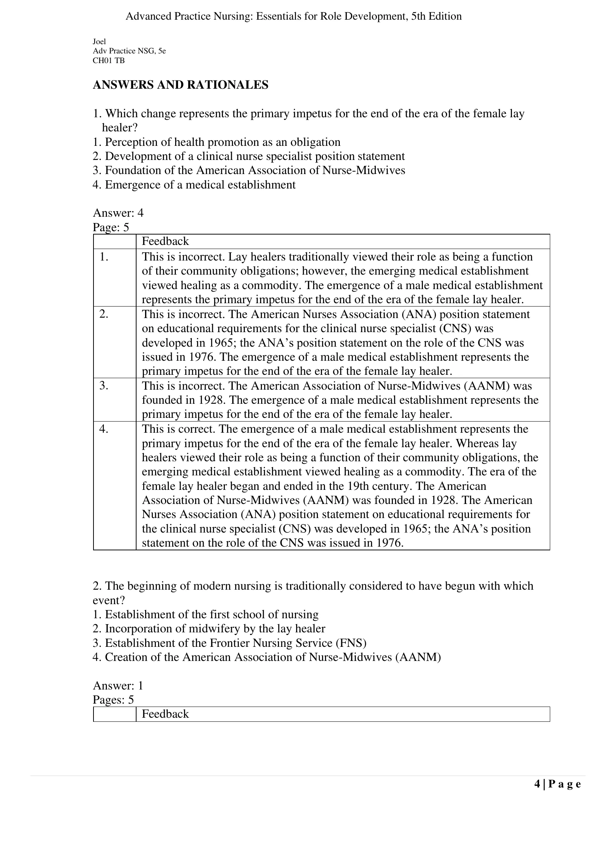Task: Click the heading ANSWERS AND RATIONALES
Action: tap(180, 85)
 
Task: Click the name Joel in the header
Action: tap(99, 42)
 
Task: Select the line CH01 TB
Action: tap(108, 60)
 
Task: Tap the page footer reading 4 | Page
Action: tap(557, 785)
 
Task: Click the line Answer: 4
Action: tap(118, 213)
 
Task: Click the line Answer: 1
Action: tap(118, 686)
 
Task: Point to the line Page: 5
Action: tap(111, 227)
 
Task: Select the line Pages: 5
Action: tap(114, 700)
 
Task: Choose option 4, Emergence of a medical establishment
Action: tap(194, 184)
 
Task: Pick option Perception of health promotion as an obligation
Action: tap(217, 142)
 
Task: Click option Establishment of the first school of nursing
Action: tap(206, 615)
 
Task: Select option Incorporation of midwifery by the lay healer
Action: tap(209, 629)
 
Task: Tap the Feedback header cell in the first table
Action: tap(165, 241)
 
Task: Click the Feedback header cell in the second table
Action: tap(165, 714)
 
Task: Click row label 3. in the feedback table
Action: tap(104, 386)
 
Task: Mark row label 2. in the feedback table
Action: tap(104, 314)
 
